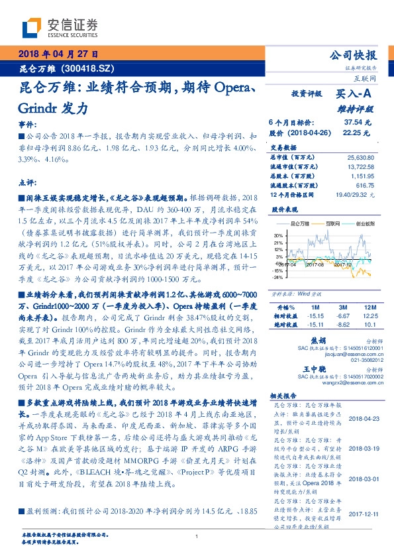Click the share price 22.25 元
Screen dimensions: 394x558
[x=358, y=133]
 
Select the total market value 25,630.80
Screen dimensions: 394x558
[x=360, y=157]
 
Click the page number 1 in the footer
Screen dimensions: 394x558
[x=197, y=537]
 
